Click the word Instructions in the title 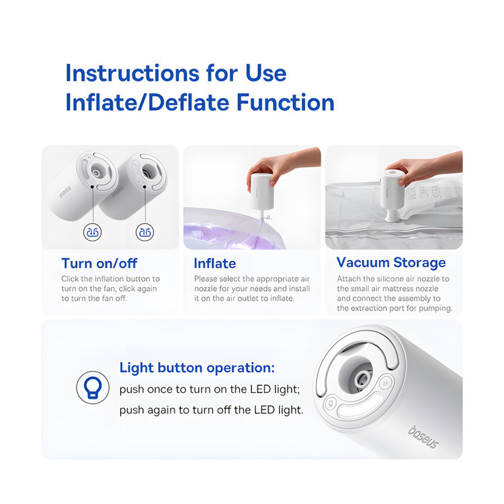tap(132, 73)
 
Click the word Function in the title tap(286, 102)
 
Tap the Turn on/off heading tap(99, 263)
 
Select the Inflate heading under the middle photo tap(215, 263)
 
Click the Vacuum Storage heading tap(391, 263)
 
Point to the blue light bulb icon tap(93, 387)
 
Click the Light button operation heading tap(197, 368)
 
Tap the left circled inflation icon tap(93, 232)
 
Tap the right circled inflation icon tap(144, 232)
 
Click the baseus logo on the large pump tap(423, 437)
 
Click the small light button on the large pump tap(330, 403)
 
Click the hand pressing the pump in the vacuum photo tap(424, 167)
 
